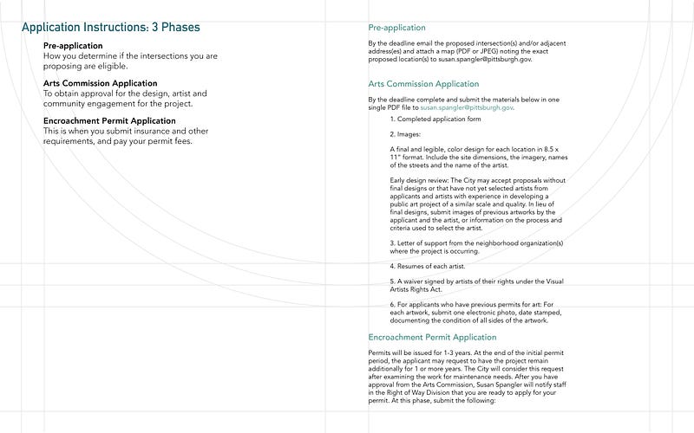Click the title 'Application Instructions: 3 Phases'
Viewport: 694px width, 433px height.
click(110, 27)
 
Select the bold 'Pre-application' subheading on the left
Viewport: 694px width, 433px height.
click(73, 46)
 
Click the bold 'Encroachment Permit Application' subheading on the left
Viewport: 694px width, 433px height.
click(109, 121)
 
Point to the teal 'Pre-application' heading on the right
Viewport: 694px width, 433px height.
click(396, 27)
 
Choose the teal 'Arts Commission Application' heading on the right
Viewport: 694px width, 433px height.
click(423, 84)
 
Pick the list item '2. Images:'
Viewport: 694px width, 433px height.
click(405, 134)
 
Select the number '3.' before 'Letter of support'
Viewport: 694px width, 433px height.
click(393, 243)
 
